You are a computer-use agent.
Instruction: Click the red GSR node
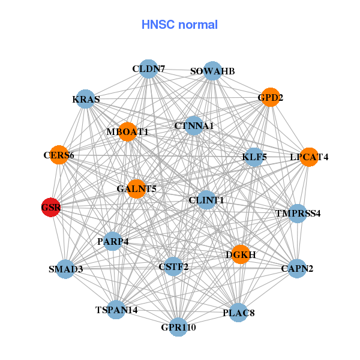[51, 207]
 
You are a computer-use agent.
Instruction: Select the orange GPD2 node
[271, 97]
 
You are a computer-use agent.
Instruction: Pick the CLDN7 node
[148, 69]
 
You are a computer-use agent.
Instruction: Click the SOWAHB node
[212, 71]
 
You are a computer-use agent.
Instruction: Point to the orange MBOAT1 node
[128, 131]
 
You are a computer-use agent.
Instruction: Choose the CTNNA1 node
[193, 126]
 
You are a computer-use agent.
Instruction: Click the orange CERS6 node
[59, 155]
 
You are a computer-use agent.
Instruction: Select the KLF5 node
[254, 157]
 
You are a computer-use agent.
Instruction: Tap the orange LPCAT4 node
[309, 157]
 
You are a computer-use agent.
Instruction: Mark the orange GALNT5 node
[136, 189]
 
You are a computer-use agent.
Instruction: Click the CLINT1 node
[206, 200]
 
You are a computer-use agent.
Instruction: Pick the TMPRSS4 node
[298, 213]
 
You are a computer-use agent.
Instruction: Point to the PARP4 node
[113, 242]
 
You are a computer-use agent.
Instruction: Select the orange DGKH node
[241, 254]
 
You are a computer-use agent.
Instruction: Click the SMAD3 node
[66, 269]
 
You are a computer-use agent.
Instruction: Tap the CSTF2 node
[173, 266]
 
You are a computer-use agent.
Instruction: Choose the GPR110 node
[178, 327]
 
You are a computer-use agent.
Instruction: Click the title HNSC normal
[179, 25]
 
